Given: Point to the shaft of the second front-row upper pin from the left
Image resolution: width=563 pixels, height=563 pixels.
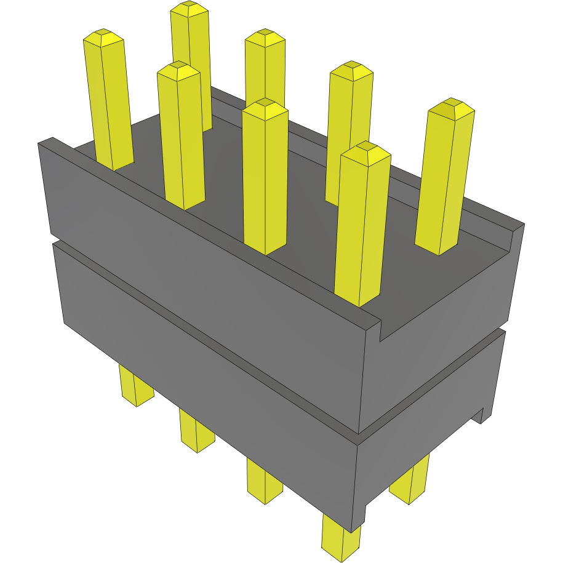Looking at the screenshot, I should [182, 142].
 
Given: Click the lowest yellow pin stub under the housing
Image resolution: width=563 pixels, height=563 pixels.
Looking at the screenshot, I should [340, 539].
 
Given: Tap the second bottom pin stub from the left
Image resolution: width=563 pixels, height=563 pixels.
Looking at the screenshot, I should [196, 431].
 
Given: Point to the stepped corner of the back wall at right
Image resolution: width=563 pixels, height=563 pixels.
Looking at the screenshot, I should [514, 238].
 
